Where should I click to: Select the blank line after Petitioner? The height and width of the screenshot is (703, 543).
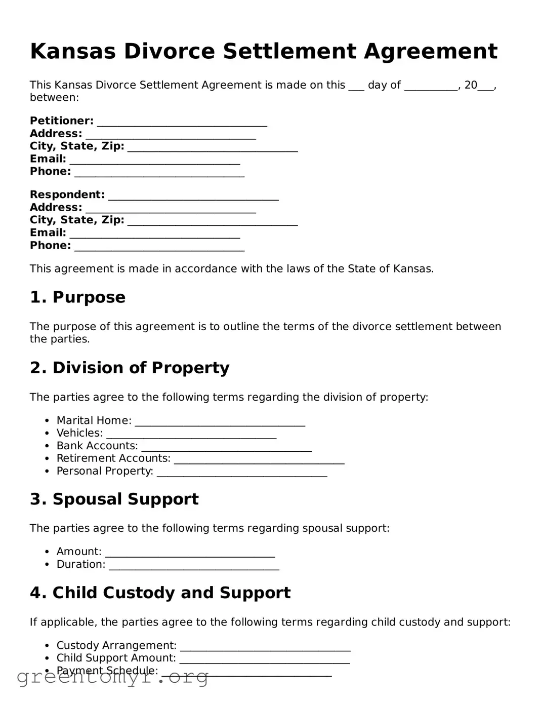(182, 122)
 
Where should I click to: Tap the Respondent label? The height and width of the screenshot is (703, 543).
(67, 195)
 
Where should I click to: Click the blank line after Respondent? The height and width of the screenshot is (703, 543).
(193, 196)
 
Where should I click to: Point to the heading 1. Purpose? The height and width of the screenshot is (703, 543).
(77, 297)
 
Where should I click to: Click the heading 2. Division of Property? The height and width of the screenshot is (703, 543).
(130, 368)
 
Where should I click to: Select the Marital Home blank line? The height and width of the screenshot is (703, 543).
(220, 421)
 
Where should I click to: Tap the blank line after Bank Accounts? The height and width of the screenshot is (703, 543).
(226, 447)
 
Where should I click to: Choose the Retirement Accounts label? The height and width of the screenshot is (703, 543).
(113, 459)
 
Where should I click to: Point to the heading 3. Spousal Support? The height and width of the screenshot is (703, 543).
(114, 499)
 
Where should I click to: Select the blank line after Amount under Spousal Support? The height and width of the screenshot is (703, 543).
(190, 553)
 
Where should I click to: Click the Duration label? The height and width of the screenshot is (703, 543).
(81, 565)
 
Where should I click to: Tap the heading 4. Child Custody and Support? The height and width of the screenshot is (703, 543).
(160, 593)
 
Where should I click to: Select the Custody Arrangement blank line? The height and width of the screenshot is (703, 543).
(265, 647)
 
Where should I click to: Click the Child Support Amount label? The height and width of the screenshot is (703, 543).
(116, 658)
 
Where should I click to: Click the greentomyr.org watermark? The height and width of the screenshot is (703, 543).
(112, 677)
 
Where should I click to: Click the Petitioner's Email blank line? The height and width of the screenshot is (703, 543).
(154, 160)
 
